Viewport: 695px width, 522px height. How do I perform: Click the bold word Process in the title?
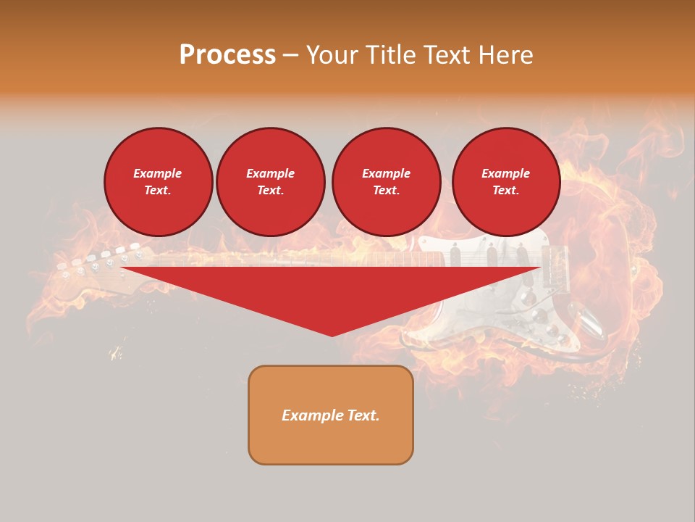227,55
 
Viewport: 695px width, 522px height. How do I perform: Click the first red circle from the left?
158,182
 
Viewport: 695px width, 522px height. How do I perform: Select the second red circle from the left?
270,182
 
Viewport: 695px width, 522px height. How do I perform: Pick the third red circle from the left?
386,182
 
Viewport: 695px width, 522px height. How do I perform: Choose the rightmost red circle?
505,182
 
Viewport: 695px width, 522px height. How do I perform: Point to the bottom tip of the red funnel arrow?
332,335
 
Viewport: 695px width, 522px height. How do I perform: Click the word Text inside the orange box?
363,415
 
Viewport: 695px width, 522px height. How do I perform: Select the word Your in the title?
330,55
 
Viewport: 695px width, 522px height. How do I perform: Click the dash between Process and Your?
290,55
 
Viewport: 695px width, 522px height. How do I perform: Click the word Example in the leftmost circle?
158,173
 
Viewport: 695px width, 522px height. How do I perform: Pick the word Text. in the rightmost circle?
505,191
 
